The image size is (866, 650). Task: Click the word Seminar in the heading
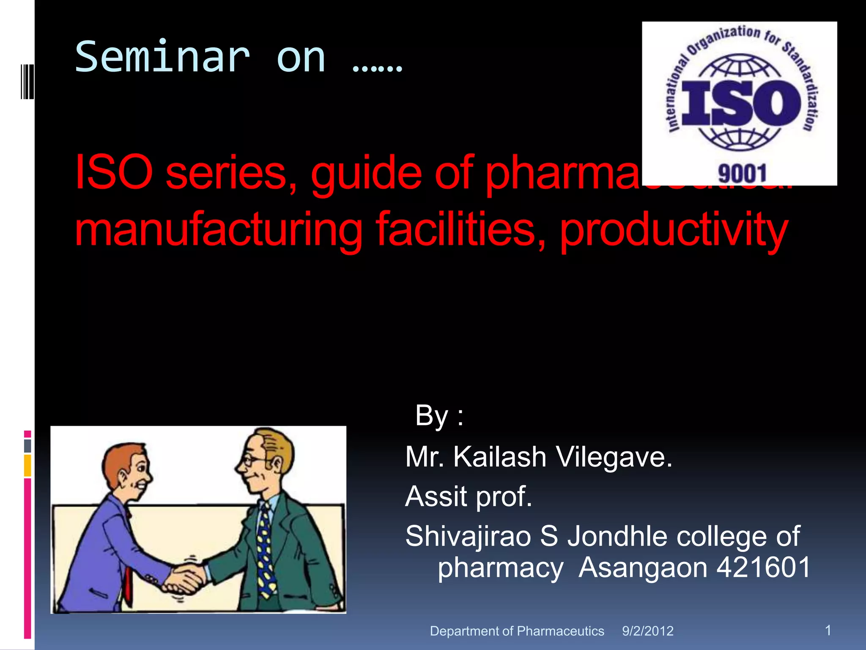tap(163, 57)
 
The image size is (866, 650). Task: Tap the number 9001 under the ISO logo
tap(742, 174)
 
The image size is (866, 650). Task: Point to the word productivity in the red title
tap(674, 231)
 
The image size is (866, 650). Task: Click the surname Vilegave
tap(614, 457)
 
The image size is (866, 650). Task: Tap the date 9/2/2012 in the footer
tap(647, 631)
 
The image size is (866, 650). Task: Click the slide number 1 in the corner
tap(828, 630)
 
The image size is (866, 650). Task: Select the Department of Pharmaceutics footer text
tap(517, 631)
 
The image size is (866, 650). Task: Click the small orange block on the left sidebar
tap(27, 465)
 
